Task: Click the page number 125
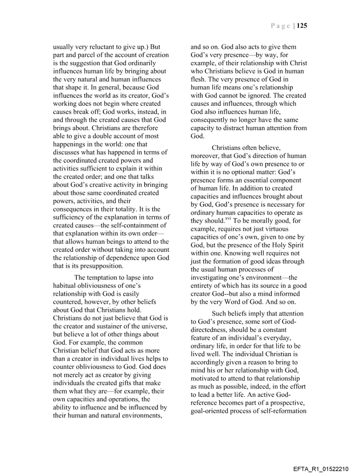(302, 26)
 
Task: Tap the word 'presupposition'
(97, 266)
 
